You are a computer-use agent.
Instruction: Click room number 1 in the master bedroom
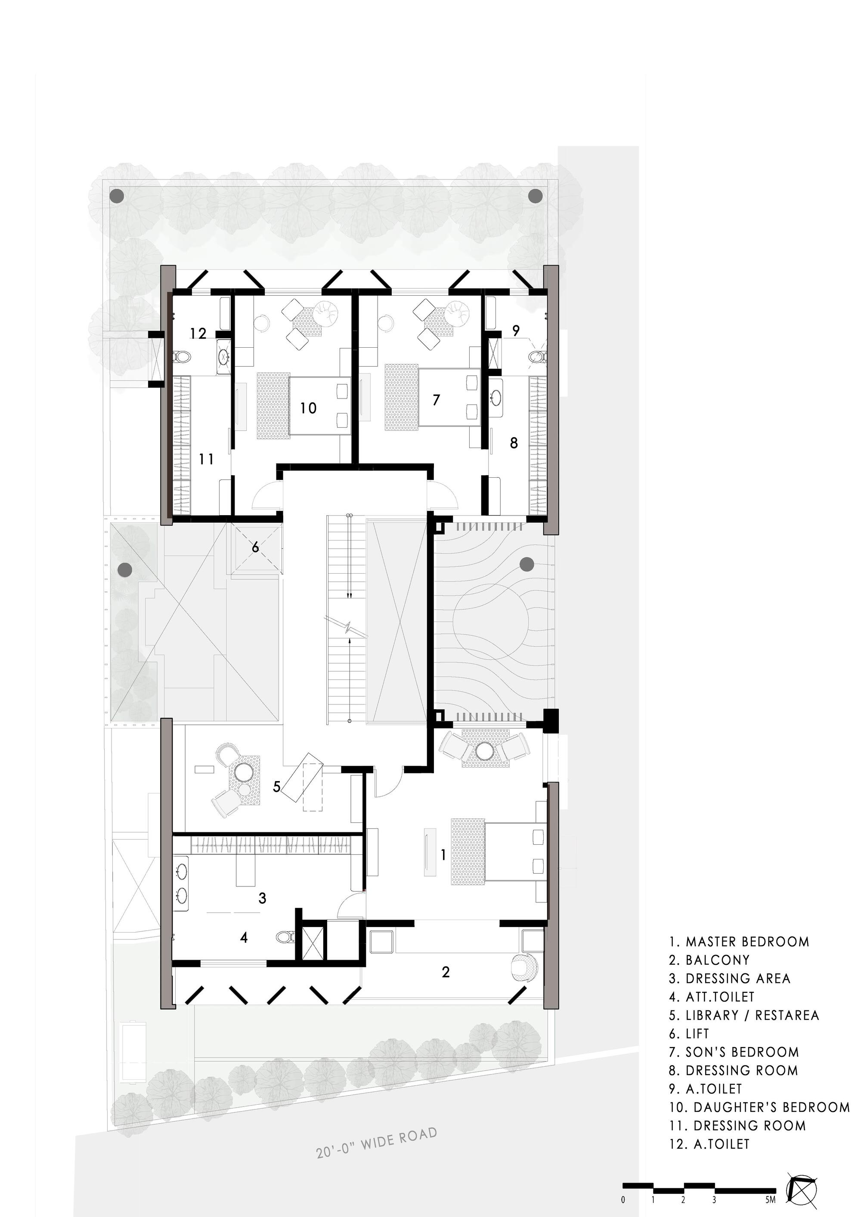(443, 855)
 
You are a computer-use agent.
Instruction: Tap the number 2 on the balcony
(445, 972)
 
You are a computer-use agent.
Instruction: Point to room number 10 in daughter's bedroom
(308, 408)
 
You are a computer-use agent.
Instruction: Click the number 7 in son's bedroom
(436, 400)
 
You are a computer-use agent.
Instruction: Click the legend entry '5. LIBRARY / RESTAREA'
(743, 1015)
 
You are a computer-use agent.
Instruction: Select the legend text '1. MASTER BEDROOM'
(739, 942)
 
